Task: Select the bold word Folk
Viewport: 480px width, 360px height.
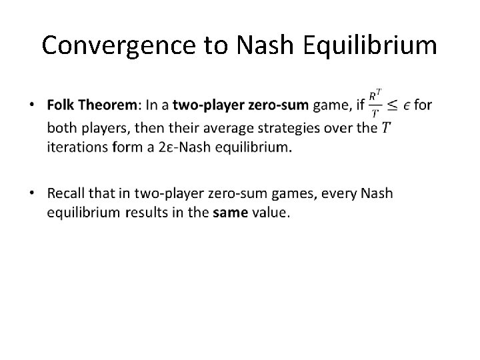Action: pyautogui.click(x=62, y=105)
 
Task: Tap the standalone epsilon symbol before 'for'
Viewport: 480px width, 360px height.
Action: pyautogui.click(x=407, y=106)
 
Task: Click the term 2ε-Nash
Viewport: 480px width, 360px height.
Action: pyautogui.click(x=183, y=147)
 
